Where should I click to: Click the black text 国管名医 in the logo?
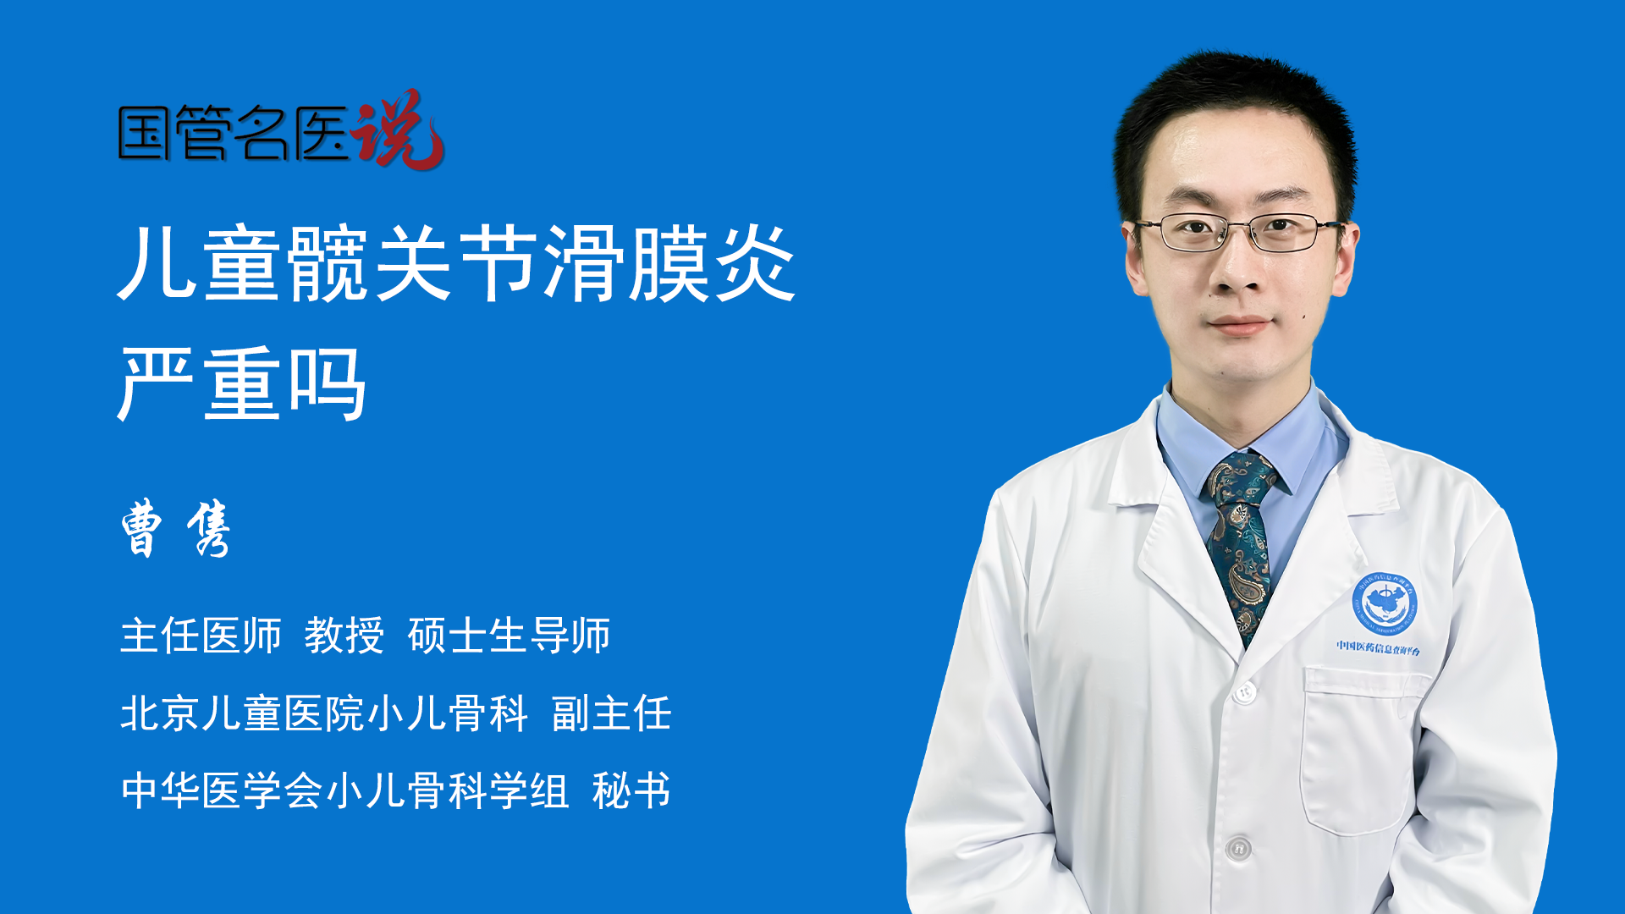(234, 133)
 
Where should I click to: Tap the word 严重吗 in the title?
(242, 383)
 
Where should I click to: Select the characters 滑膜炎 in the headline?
(669, 263)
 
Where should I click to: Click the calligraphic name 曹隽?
(176, 528)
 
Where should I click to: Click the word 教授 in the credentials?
(344, 636)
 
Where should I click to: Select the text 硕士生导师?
(509, 636)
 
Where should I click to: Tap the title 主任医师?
(201, 636)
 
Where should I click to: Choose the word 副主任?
(611, 713)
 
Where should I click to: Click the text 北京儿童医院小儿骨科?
(324, 713)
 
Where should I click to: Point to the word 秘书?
(631, 791)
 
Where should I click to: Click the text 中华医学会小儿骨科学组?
(344, 791)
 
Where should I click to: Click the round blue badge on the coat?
(1384, 603)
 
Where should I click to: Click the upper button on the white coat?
(1244, 692)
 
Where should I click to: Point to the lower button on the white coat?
(1238, 847)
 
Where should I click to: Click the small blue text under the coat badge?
(1379, 647)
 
